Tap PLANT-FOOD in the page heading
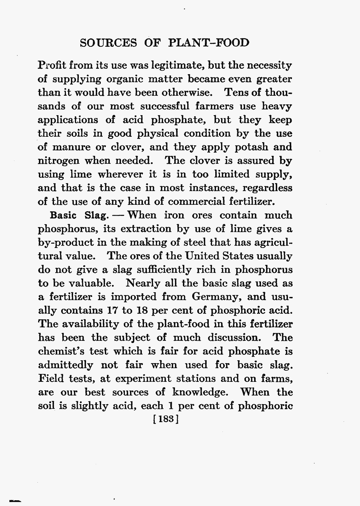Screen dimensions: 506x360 (x=208, y=43)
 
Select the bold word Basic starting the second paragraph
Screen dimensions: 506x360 (x=64, y=216)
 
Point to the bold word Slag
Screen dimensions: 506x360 (x=96, y=216)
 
